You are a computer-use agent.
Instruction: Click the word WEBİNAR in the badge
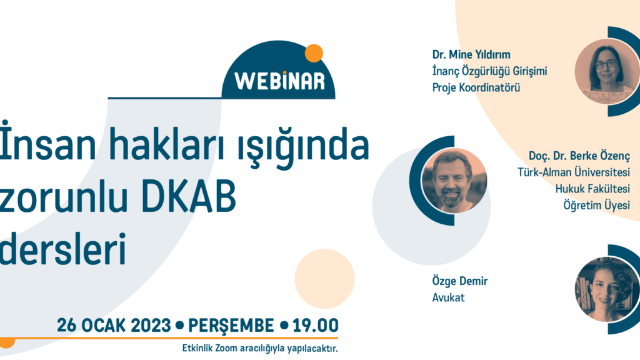(x=279, y=80)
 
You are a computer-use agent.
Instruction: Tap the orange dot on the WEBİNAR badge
(x=314, y=53)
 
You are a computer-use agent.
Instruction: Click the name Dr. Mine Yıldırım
(x=471, y=55)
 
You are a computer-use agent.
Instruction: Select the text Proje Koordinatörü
(x=476, y=87)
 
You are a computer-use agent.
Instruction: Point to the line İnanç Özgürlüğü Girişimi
(x=489, y=71)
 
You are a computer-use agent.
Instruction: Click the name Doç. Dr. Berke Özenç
(x=579, y=156)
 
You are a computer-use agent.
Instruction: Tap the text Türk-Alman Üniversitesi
(x=574, y=172)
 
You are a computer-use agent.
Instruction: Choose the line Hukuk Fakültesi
(x=592, y=189)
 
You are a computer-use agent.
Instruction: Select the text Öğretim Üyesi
(x=597, y=205)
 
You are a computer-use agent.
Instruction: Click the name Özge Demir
(x=460, y=281)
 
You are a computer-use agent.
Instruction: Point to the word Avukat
(x=448, y=297)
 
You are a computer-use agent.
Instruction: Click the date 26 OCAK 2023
(x=114, y=325)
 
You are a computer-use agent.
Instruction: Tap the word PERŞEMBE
(x=231, y=325)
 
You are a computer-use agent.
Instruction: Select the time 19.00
(x=316, y=325)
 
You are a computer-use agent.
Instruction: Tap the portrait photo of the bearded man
(x=454, y=181)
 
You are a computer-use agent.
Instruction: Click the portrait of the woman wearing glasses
(x=607, y=71)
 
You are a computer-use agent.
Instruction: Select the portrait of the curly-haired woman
(x=607, y=289)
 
